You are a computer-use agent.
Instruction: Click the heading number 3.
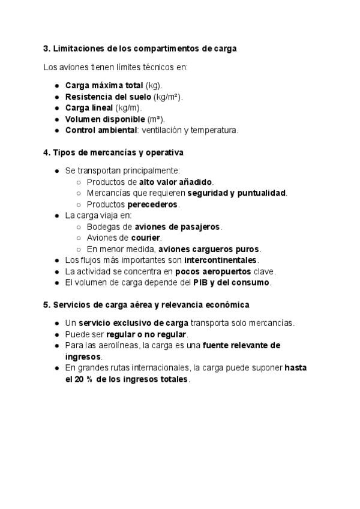pyautogui.click(x=46, y=49)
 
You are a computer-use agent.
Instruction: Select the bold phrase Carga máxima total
pyautogui.click(x=104, y=86)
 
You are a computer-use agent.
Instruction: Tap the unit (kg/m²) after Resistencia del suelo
pyautogui.click(x=168, y=97)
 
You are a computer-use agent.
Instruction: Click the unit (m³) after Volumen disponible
pyautogui.click(x=156, y=119)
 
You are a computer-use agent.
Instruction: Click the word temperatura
pyautogui.click(x=216, y=130)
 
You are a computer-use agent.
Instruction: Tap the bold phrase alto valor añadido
pyautogui.click(x=176, y=182)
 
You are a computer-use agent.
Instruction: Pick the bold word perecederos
pyautogui.click(x=153, y=204)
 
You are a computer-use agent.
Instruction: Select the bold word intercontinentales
pyautogui.click(x=221, y=260)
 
